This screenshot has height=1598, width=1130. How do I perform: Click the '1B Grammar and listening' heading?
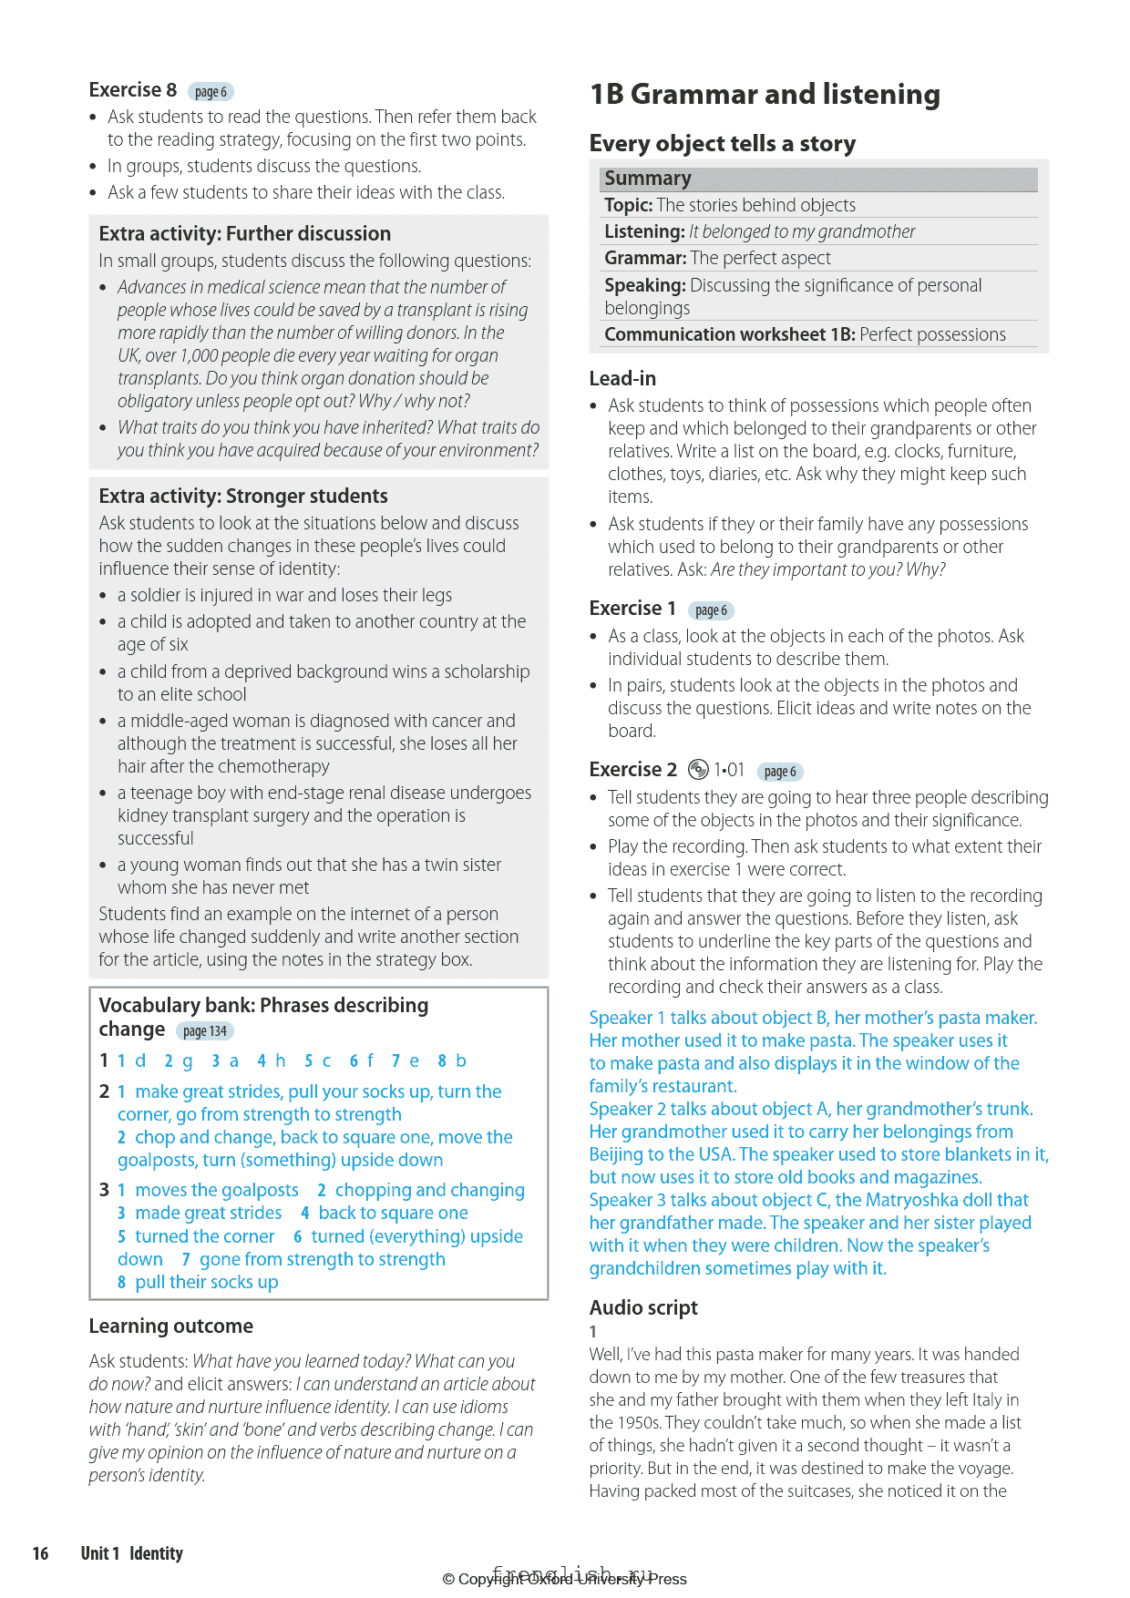[765, 95]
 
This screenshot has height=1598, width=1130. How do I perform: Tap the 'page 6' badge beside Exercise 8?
[211, 92]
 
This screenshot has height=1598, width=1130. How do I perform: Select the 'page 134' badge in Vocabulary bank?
[204, 1031]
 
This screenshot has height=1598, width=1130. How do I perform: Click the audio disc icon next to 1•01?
[698, 770]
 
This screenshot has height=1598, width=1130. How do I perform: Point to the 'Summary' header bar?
[817, 179]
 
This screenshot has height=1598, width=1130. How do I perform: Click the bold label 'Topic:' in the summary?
[628, 205]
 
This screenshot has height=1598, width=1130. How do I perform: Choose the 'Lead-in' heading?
[622, 378]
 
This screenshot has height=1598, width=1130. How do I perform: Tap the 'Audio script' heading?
[643, 1307]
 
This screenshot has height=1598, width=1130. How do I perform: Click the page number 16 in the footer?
[41, 1553]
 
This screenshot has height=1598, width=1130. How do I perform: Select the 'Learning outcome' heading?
[170, 1326]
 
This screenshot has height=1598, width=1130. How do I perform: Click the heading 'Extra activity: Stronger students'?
[243, 496]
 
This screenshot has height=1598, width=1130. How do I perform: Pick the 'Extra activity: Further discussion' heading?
[244, 233]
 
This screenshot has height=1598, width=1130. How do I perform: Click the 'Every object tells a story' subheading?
[723, 144]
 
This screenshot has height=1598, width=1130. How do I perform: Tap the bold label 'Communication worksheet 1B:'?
[729, 334]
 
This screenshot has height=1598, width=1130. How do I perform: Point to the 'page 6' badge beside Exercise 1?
[711, 610]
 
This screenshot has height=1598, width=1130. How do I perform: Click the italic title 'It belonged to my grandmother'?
[802, 231]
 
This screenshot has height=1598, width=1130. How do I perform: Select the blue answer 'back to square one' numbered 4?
[393, 1213]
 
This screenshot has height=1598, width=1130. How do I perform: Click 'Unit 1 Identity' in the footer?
[132, 1553]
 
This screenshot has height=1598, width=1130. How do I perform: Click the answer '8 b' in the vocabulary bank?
[452, 1060]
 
